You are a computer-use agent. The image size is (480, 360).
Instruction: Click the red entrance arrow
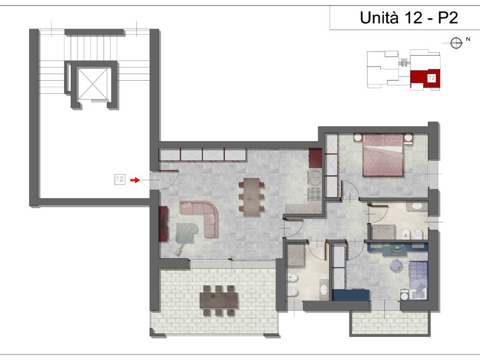click(135, 180)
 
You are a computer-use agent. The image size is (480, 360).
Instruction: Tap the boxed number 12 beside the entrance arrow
click(120, 179)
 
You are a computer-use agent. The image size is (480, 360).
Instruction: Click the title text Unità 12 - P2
click(409, 17)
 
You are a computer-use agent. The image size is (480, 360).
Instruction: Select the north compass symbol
click(456, 43)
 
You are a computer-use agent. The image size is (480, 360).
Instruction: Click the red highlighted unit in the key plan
click(425, 79)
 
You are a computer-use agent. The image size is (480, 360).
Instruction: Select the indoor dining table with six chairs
click(252, 197)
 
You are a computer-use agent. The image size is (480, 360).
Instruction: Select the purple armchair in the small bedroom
click(396, 265)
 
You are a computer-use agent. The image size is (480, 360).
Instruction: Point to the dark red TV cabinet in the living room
click(164, 224)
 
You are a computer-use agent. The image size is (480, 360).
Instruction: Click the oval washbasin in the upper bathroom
click(417, 206)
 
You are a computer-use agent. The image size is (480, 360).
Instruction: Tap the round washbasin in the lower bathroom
click(323, 289)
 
